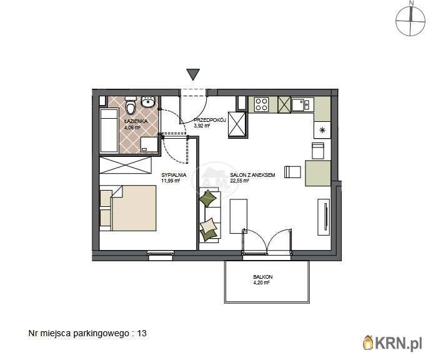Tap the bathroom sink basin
(148, 102)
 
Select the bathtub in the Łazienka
(109, 131)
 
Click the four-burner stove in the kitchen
(261, 104)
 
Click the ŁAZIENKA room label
(136, 121)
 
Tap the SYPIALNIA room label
(174, 175)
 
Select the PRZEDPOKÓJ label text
(210, 120)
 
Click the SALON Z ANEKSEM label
(252, 175)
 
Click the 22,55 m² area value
(239, 181)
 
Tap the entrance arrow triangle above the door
(193, 74)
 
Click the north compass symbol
(410, 21)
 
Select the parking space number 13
(142, 333)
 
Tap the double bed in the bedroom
(128, 208)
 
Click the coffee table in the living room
(239, 216)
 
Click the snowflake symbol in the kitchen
(322, 130)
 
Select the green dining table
(318, 173)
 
